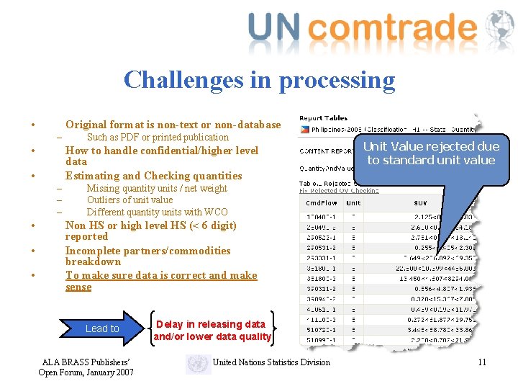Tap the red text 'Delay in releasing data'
click(210, 324)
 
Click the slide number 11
click(482, 362)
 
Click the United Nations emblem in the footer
click(198, 363)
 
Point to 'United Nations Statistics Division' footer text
click(271, 362)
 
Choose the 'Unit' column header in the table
click(354, 203)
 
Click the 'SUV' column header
click(420, 203)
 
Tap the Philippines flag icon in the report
click(305, 130)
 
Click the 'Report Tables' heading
click(323, 118)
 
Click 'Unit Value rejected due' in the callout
click(430, 146)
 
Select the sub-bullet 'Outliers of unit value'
click(129, 200)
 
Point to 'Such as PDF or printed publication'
click(158, 138)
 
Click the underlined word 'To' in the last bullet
click(72, 275)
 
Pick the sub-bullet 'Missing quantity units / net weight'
click(157, 189)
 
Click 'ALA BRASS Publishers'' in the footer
click(86, 362)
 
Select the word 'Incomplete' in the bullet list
click(93, 251)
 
